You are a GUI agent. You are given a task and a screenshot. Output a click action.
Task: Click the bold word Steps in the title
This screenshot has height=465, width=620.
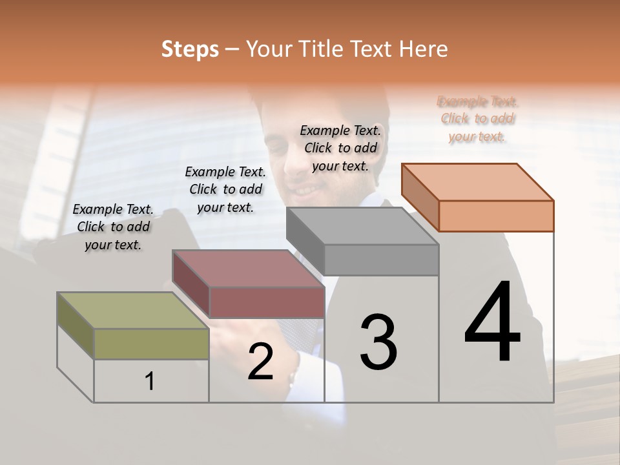pos(190,49)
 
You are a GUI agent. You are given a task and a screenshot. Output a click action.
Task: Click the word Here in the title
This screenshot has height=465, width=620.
pos(422,49)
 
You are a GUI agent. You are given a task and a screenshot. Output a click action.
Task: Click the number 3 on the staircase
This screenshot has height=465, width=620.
pos(378,342)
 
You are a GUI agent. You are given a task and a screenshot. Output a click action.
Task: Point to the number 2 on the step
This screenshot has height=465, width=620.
pos(260,362)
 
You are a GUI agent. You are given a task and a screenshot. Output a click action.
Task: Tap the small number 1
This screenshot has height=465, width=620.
pos(150,382)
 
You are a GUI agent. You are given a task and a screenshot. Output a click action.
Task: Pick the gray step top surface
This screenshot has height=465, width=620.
pos(362,226)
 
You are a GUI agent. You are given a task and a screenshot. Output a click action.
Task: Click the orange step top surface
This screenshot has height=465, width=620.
pos(477,181)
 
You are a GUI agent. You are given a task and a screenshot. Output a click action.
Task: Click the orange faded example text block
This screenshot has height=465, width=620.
pos(477,119)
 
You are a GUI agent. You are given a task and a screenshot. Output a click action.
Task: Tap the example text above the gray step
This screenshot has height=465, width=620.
pos(340,148)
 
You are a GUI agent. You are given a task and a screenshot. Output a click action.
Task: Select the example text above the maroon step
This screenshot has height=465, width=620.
pos(225,189)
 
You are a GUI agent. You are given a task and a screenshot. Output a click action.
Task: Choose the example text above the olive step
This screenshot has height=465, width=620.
pos(113,227)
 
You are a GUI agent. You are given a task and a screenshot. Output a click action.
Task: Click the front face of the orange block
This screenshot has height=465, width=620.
pos(496,216)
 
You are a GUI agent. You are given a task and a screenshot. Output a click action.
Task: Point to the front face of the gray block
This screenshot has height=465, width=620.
pos(381,260)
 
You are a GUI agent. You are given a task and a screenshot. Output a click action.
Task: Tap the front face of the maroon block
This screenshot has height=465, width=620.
pos(267,302)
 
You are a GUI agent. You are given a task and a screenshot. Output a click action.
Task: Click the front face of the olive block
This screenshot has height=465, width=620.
pos(151,344)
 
